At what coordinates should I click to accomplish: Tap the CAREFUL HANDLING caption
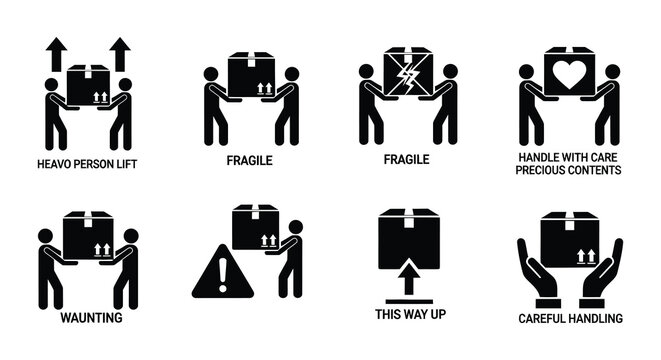(571, 318)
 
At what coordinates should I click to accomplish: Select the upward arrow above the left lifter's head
(54, 50)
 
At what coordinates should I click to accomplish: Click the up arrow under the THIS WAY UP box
(408, 275)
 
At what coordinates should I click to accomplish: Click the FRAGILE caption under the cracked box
(408, 159)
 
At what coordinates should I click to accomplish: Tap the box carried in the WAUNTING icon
(88, 240)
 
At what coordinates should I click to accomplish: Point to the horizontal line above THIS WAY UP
(408, 300)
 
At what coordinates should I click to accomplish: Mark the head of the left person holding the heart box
(526, 72)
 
